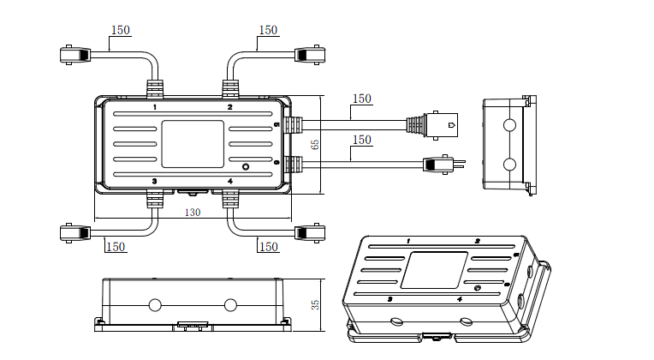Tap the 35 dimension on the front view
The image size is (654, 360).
coord(314,303)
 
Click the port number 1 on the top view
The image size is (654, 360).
coord(155,108)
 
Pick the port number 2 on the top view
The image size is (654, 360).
coord(229,108)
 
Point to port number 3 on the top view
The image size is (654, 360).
coord(154,181)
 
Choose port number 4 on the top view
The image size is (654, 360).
coord(229,181)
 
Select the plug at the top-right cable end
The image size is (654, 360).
coord(309,55)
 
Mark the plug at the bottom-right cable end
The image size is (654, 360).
coord(309,232)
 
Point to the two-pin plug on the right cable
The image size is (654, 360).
coord(438,163)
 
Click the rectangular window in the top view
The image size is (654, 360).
coord(193,144)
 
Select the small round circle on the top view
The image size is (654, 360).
coord(246,165)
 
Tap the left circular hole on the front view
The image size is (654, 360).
coord(155,304)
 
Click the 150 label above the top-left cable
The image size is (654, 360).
coord(121,31)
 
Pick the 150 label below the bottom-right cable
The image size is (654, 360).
coord(268,247)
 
